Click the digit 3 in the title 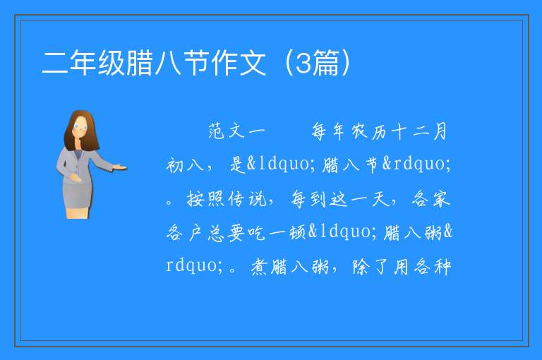(303, 63)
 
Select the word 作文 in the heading (239, 63)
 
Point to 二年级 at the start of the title (83, 63)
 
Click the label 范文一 (237, 132)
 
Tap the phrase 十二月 (419, 132)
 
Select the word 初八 (185, 165)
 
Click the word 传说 (247, 199)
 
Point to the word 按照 (205, 199)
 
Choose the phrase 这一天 (359, 199)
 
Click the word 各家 (431, 199)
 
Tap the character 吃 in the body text (256, 233)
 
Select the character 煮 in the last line (259, 267)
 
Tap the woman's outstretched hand (119, 168)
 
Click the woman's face (80, 127)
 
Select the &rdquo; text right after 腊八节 (416, 164)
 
